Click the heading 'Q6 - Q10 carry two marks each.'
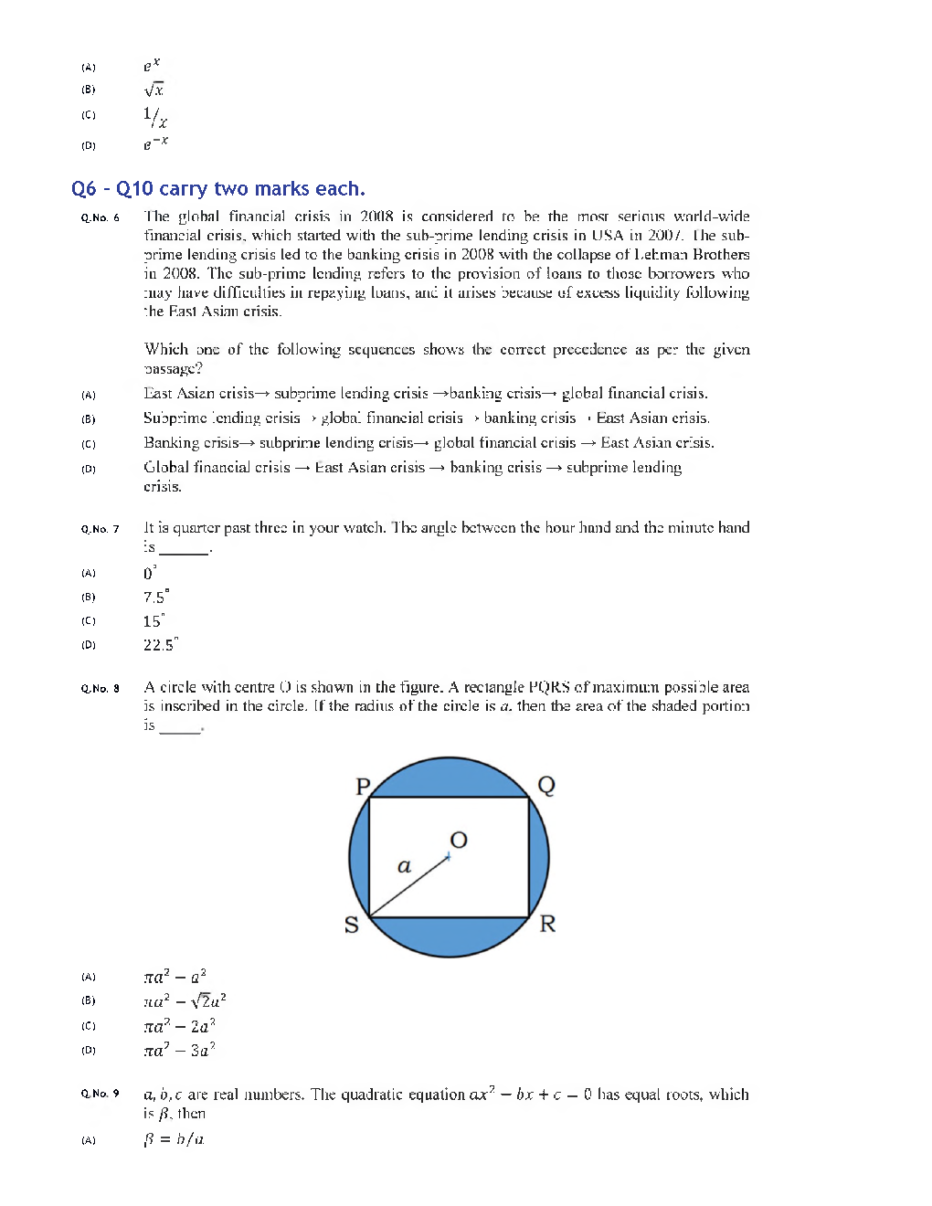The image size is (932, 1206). pos(217,189)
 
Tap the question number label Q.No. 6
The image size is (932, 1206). pos(100,217)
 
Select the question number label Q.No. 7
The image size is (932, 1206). pos(100,529)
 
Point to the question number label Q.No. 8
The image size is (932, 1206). pos(100,689)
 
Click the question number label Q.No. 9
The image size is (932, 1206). pos(100,1094)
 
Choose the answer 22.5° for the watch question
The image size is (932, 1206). pos(160,644)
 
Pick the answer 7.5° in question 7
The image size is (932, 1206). pos(155,597)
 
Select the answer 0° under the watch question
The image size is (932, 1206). pos(150,573)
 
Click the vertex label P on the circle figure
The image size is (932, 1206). pos(363,787)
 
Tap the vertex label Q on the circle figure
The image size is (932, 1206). pos(546,785)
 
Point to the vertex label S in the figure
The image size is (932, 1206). pos(351,925)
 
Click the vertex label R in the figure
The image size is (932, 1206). pos(547,924)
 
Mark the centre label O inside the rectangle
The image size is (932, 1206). pos(459,840)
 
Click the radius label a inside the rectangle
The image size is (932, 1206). pos(404,866)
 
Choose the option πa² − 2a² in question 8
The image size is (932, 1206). pos(179,1025)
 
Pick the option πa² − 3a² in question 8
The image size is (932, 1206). pos(179,1050)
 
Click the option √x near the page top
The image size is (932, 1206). pos(154,90)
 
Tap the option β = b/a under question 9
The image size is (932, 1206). pos(174,1139)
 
